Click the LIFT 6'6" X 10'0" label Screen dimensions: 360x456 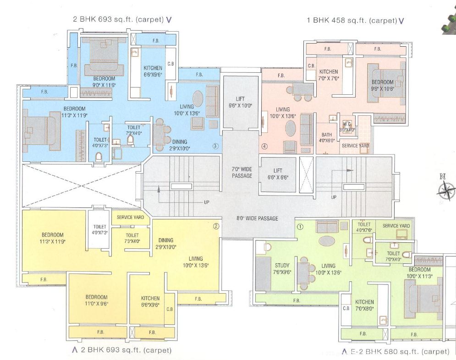coord(240,102)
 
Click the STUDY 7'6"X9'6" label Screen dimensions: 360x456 coord(282,269)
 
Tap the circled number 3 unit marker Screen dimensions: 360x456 coord(215,146)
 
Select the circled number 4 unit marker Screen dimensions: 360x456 coord(264,147)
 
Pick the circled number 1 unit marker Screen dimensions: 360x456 coord(301,226)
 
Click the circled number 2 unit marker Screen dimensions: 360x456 coord(216,226)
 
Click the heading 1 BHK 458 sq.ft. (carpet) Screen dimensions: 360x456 coord(352,20)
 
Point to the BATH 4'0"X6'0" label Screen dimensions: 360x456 coord(327,138)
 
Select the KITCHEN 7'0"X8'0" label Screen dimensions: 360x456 coord(364,305)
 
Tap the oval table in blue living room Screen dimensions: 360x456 coord(198,98)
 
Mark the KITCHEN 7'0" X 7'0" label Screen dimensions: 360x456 coord(329,75)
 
